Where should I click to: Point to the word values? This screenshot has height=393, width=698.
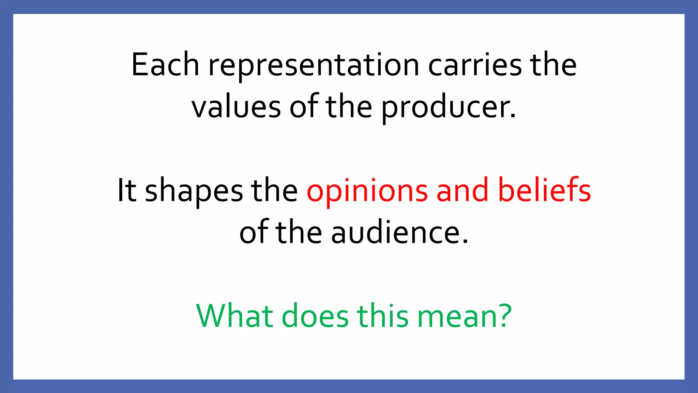pos(236,107)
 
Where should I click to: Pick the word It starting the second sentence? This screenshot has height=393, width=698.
pos(127,190)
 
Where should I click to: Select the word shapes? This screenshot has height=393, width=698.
pos(194,192)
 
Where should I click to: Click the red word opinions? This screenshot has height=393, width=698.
pos(367,192)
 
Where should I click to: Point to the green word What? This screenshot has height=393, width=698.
pos(235,316)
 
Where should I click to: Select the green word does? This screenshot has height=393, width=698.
pos(315,316)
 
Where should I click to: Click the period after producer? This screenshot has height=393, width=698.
pos(513,116)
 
